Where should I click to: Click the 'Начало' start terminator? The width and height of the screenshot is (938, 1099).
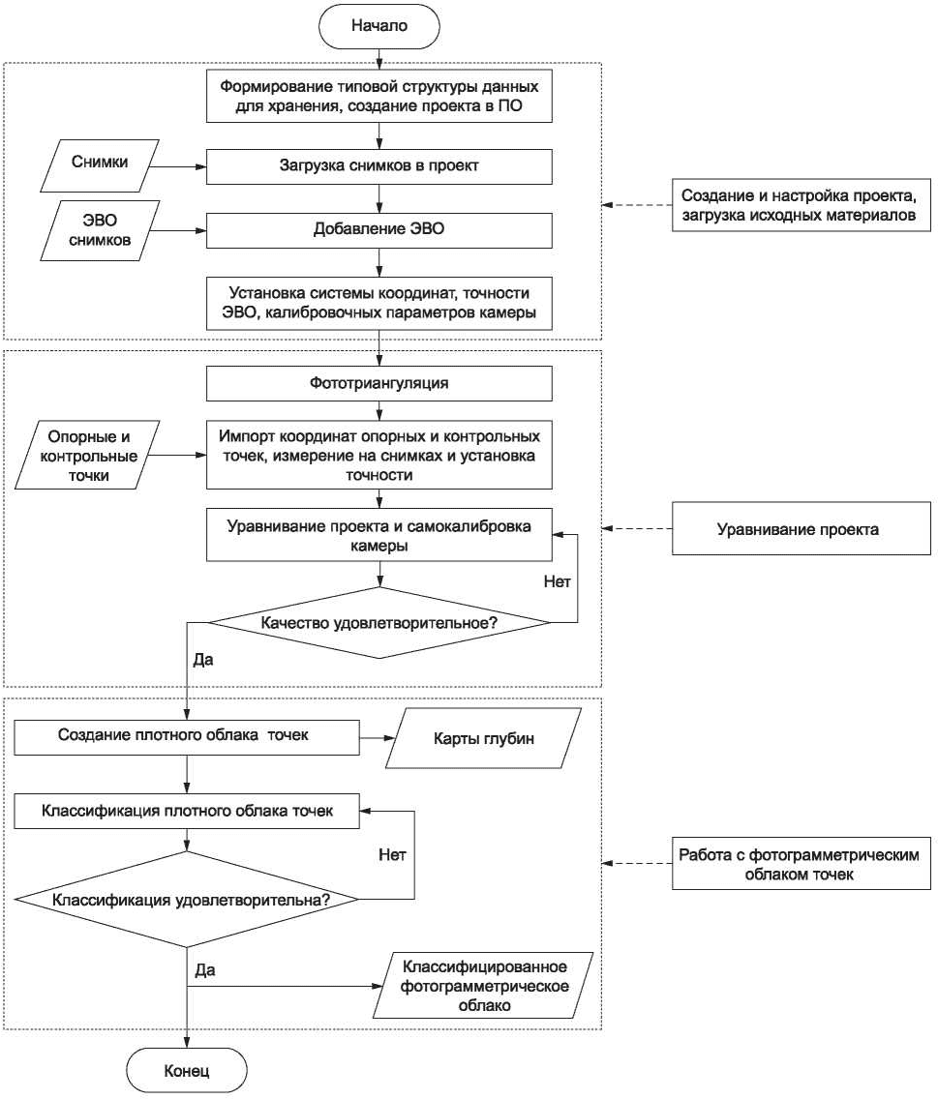tap(378, 26)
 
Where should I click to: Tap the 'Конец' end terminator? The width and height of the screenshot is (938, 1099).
tap(187, 1070)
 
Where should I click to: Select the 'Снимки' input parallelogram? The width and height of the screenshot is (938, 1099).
tap(100, 166)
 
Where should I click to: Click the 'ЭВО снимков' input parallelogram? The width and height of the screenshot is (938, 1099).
tap(100, 230)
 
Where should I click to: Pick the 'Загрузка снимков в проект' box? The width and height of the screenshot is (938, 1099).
tap(378, 166)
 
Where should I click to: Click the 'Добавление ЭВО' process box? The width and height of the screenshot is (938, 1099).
tap(378, 229)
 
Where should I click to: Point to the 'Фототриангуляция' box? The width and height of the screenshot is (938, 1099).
tap(378, 383)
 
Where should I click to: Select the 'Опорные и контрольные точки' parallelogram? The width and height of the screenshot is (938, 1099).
tap(88, 456)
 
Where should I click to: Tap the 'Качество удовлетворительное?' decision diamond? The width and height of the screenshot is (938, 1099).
tap(378, 622)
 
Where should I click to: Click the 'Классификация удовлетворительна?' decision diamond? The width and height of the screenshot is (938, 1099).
tap(187, 900)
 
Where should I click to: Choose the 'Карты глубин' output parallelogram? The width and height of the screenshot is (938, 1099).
tap(483, 738)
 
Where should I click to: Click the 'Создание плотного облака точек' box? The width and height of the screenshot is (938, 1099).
tap(187, 737)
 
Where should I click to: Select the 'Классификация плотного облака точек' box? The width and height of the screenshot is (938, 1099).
tap(187, 811)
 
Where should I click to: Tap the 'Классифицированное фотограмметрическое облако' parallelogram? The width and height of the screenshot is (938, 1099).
tap(483, 986)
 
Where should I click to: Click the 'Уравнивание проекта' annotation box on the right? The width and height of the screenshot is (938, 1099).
tap(802, 528)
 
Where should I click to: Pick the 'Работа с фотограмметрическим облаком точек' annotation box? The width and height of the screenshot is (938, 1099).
tap(802, 864)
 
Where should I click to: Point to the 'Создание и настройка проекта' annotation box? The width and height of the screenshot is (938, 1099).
tap(802, 205)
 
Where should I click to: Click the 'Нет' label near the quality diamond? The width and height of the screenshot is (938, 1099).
tap(557, 581)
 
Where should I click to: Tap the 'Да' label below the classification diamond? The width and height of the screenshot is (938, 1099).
tap(205, 970)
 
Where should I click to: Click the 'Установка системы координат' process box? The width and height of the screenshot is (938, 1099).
tap(378, 303)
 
